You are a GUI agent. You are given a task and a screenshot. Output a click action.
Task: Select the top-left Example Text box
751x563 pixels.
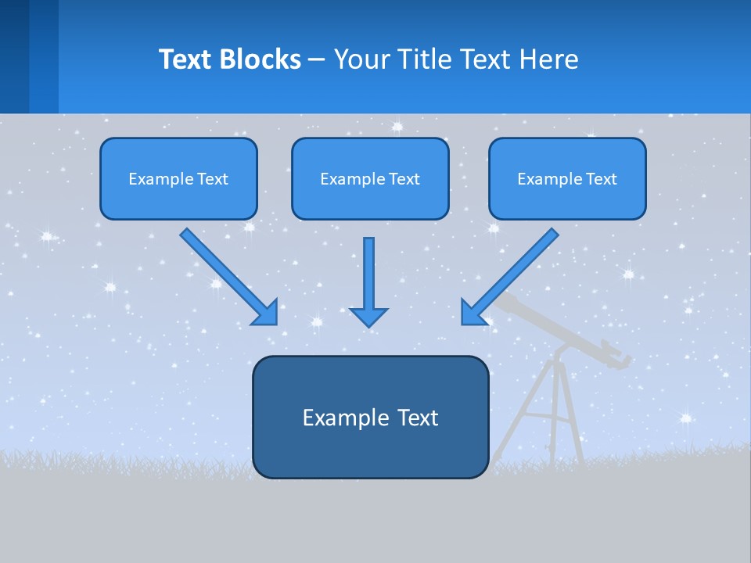(x=178, y=178)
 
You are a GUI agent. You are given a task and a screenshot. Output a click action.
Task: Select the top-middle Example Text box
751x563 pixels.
(x=370, y=178)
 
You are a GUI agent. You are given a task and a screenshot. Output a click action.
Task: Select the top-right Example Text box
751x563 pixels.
(x=567, y=178)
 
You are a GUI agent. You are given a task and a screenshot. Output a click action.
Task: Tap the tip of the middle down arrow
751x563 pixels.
(x=368, y=324)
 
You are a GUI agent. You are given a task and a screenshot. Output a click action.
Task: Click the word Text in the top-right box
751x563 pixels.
(x=601, y=179)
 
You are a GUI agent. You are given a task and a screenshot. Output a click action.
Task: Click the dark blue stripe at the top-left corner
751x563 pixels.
(x=14, y=55)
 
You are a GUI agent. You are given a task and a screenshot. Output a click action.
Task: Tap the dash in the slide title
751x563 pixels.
(x=317, y=60)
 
